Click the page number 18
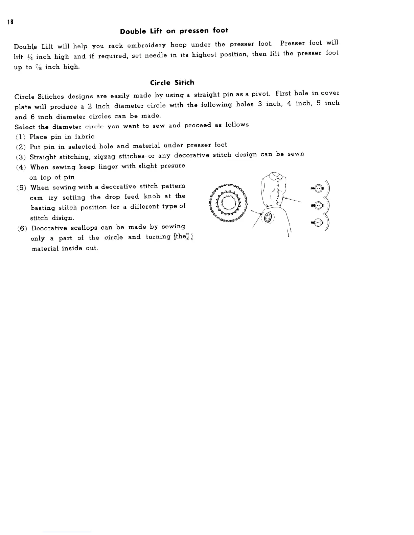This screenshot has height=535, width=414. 11,23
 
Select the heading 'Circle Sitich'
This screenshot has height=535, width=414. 172,83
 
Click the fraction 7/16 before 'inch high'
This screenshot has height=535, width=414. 38,67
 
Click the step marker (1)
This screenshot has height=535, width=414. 21,137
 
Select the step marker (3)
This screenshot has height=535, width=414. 21,157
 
